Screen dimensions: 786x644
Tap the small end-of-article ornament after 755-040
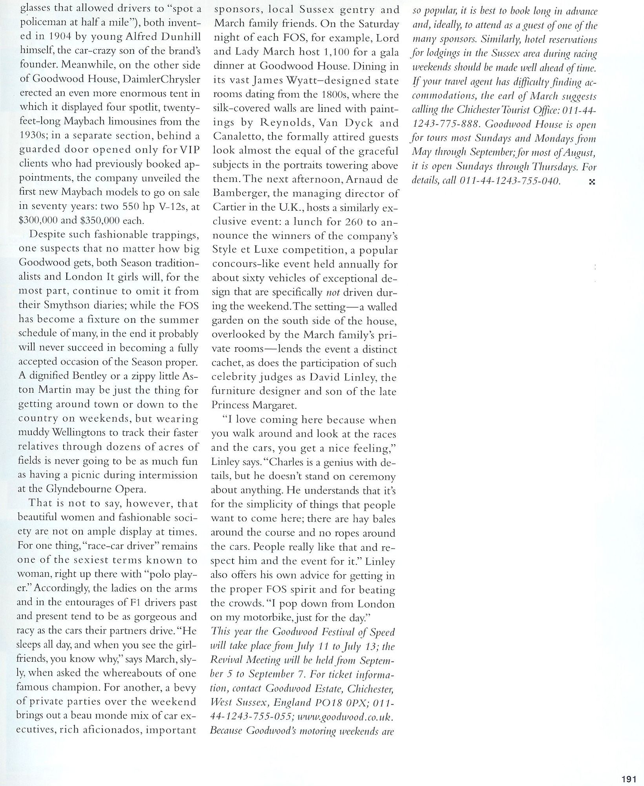coord(593,182)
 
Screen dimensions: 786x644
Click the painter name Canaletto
coord(237,137)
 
